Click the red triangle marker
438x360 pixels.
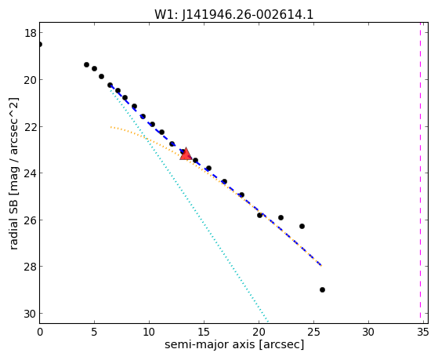point(186,155)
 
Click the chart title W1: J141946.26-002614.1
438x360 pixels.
point(233,15)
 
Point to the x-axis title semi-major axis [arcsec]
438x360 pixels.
point(234,344)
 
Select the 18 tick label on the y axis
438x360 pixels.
point(30,33)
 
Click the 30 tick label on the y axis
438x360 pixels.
point(30,314)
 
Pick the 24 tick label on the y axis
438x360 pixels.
point(30,173)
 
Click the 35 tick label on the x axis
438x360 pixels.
point(422,332)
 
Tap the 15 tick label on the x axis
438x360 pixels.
point(204,332)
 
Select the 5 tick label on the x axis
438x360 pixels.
point(94,332)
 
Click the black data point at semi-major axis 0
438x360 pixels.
point(40,44)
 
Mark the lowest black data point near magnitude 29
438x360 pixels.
point(322,289)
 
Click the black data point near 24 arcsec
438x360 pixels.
point(302,226)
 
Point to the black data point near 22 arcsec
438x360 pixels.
point(281,217)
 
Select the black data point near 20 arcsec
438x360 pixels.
point(260,215)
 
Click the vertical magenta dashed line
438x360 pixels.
point(420,173)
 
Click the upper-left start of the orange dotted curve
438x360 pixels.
point(111,127)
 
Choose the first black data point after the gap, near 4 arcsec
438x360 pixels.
point(87,64)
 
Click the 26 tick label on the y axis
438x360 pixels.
point(30,220)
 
